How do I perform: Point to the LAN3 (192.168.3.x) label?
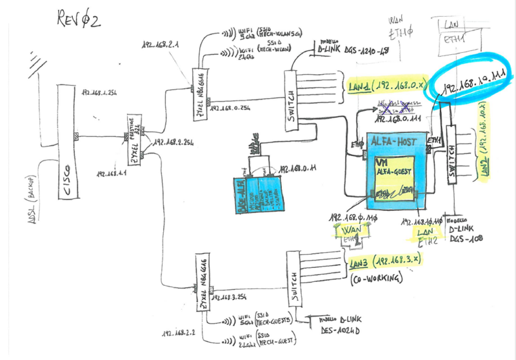click(x=385, y=261)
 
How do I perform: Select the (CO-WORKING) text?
click(x=378, y=280)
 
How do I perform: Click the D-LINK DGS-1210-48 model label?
click(x=351, y=49)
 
